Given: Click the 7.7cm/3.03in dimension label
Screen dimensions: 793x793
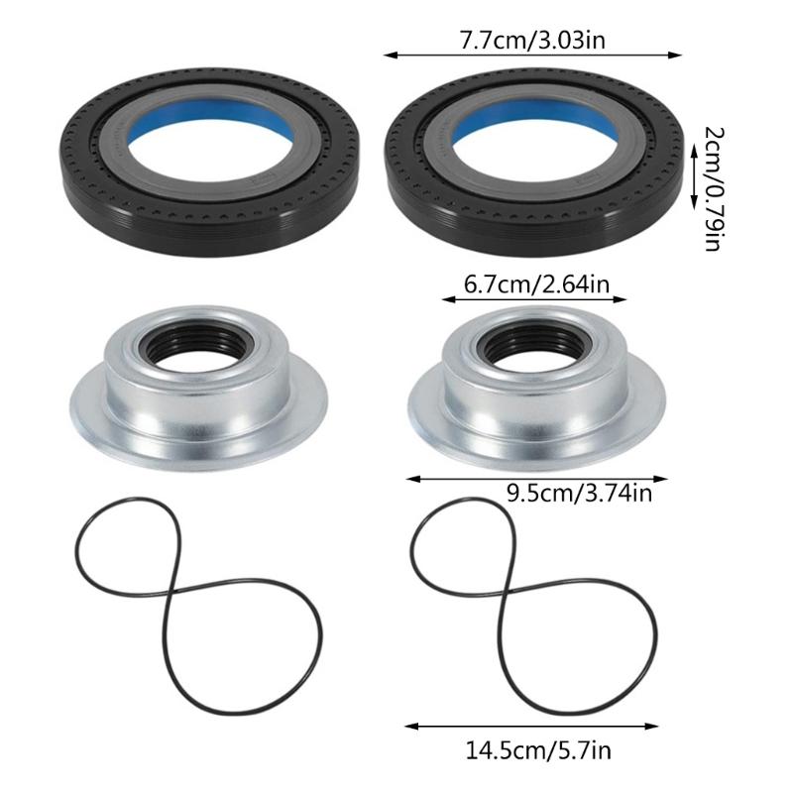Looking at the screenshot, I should [x=533, y=43].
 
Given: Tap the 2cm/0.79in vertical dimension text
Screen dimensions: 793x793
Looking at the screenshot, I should [x=712, y=187].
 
